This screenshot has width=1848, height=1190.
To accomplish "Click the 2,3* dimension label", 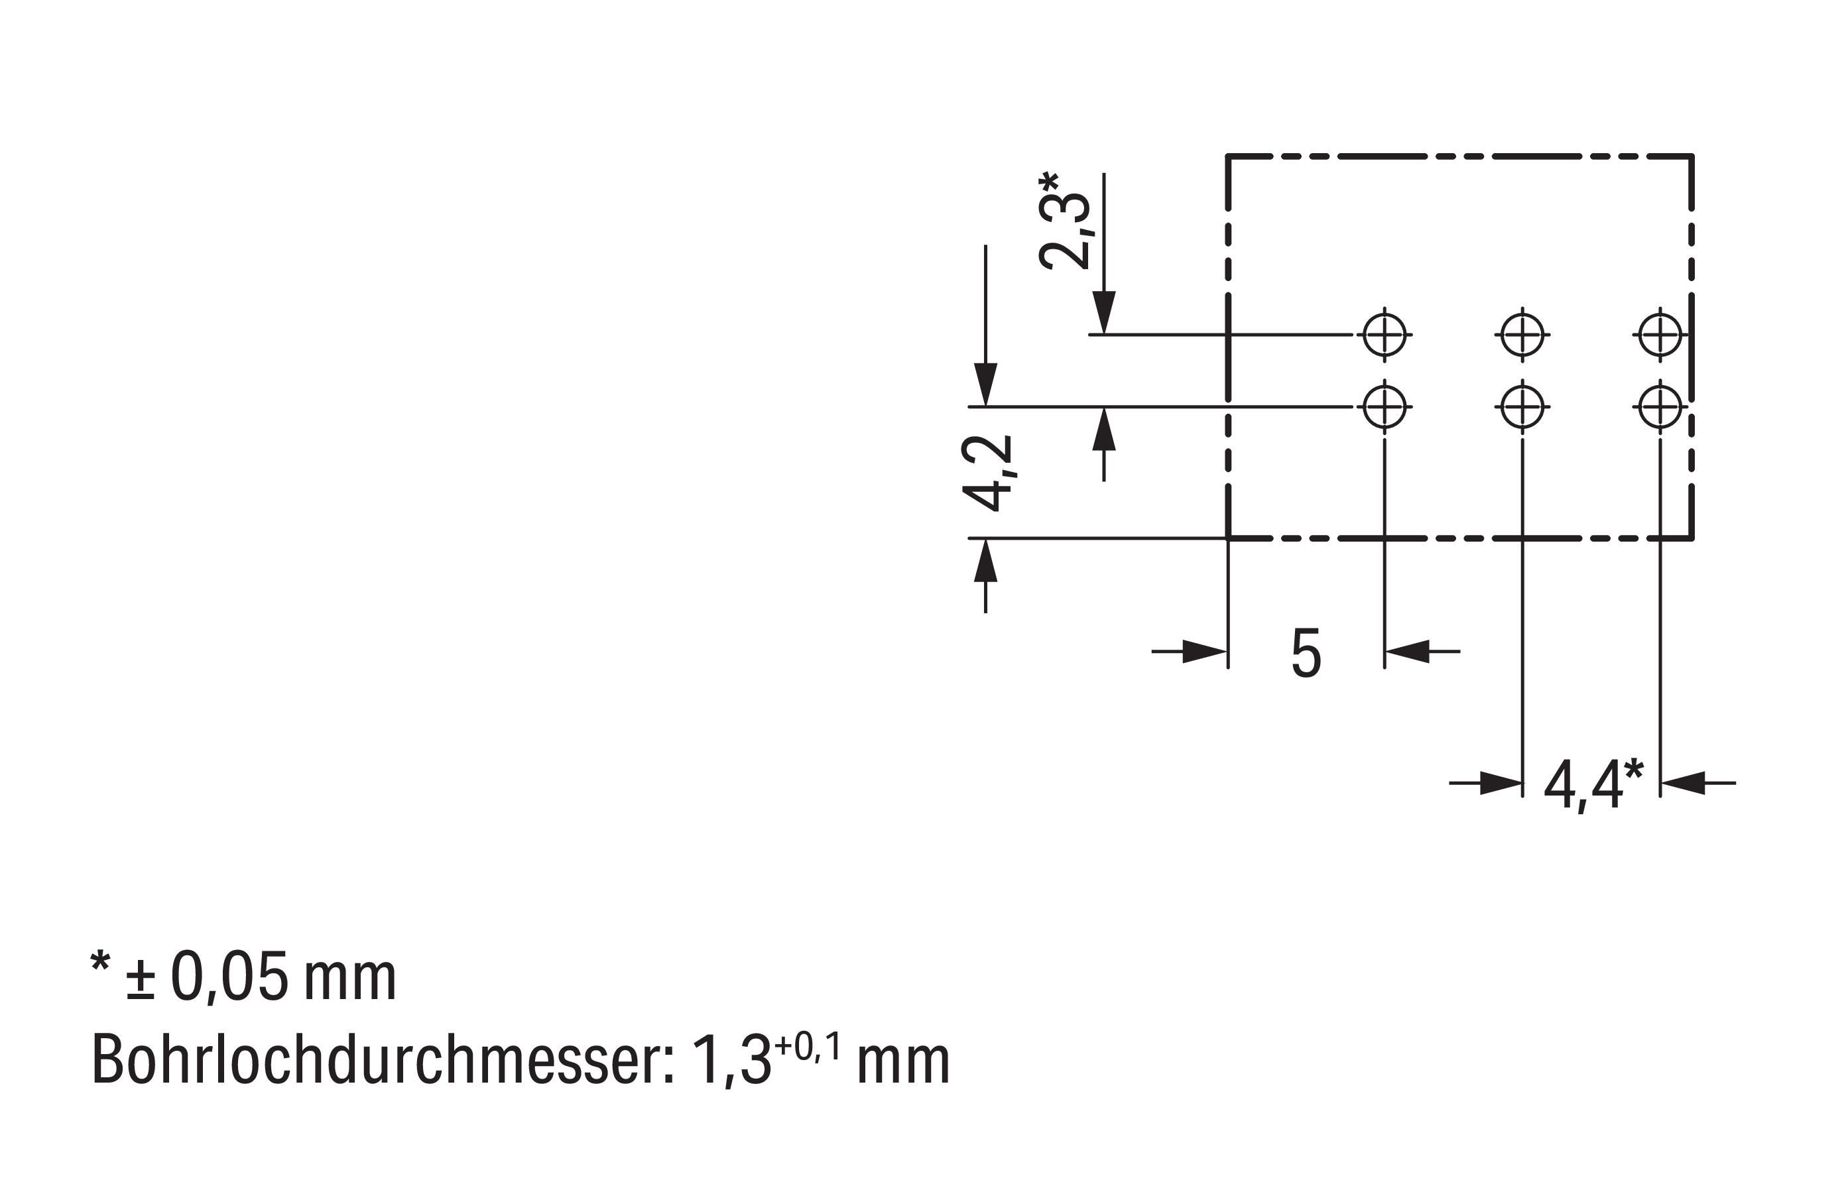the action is [x=1064, y=221].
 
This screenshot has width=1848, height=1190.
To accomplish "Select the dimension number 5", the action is [x=1306, y=654].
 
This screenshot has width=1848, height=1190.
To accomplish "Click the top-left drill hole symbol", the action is [x=1385, y=335].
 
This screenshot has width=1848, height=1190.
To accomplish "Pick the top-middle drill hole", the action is [x=1522, y=335].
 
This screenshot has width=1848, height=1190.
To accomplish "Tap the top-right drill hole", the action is [x=1660, y=335].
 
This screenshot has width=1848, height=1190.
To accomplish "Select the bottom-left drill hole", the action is [x=1385, y=406].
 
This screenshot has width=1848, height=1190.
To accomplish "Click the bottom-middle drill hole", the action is [x=1522, y=406].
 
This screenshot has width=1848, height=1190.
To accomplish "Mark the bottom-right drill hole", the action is [x=1660, y=406].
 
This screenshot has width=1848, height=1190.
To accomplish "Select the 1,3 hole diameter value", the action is [x=731, y=1061].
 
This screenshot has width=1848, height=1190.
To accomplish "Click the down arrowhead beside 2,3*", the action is [x=1104, y=313].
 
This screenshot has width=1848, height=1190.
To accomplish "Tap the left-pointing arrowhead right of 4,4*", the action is [x=1683, y=783].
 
